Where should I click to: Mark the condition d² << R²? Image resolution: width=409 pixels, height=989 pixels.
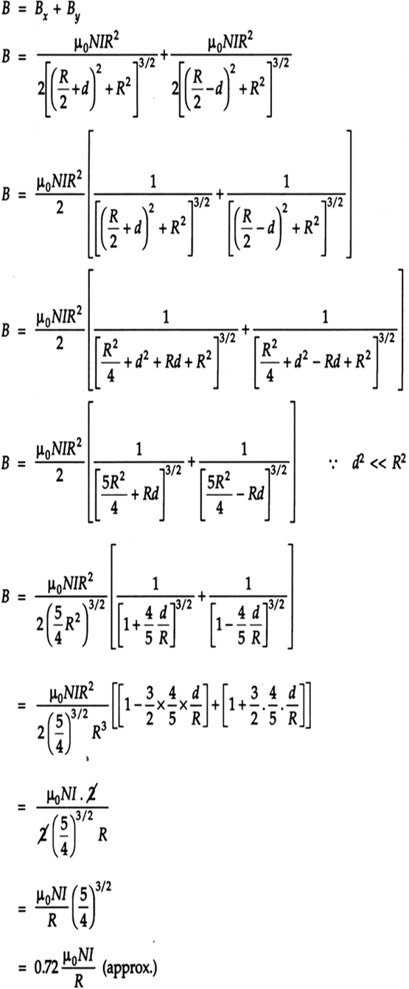click(379, 462)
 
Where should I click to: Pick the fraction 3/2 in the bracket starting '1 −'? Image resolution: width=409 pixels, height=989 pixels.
click(150, 706)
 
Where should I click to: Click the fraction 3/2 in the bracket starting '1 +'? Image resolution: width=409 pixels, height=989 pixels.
click(254, 706)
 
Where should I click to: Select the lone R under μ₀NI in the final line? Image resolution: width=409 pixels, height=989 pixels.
click(78, 980)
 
